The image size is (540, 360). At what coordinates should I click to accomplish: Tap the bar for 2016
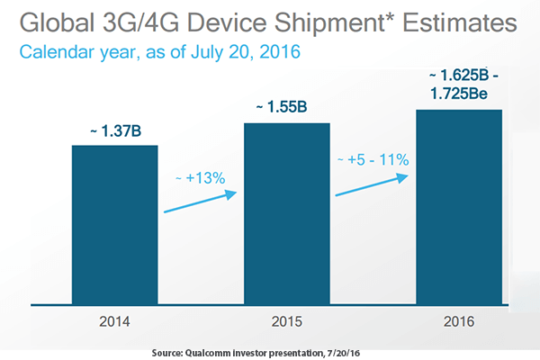458,211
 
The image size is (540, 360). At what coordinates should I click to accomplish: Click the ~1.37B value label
114,133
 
